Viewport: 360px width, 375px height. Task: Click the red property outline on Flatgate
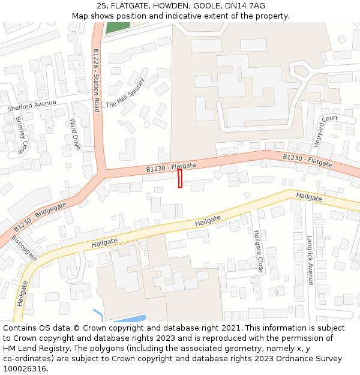pos(179,179)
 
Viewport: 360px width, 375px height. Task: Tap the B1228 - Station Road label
pos(96,80)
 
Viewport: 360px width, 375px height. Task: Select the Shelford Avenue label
pos(31,106)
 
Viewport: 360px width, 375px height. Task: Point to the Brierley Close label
pos(21,135)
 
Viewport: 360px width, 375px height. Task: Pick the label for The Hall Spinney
pos(125,92)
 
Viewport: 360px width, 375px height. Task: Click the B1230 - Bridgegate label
pos(40,217)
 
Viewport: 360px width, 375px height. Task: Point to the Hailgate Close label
pos(259,250)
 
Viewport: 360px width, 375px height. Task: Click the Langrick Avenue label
pos(310,260)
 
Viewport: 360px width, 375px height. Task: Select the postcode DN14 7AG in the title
pos(248,6)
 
